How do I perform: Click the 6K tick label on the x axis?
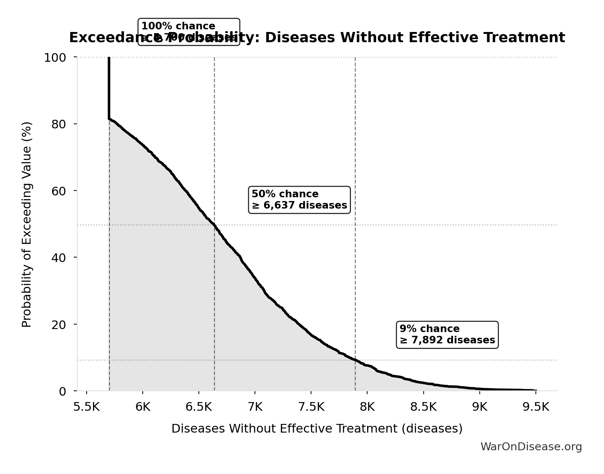[143, 407]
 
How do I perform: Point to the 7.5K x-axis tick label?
[311, 407]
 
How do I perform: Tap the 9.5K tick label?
[536, 407]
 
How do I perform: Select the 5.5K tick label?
[87, 407]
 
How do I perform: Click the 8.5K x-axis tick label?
[423, 407]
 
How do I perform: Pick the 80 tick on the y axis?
[58, 124]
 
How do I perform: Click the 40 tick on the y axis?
[58, 258]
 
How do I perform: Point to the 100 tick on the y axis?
[55, 58]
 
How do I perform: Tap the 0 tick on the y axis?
[62, 391]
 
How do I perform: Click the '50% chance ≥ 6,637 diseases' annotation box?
[299, 200]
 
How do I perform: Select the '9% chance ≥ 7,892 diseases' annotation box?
[447, 335]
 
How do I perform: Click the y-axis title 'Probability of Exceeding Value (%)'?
[27, 224]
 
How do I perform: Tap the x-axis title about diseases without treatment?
[317, 429]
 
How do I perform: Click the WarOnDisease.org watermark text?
[531, 447]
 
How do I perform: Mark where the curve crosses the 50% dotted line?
[214, 225]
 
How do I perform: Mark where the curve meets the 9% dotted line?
[355, 360]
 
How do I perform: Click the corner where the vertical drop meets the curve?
[109, 119]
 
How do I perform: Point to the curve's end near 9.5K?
[535, 390]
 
